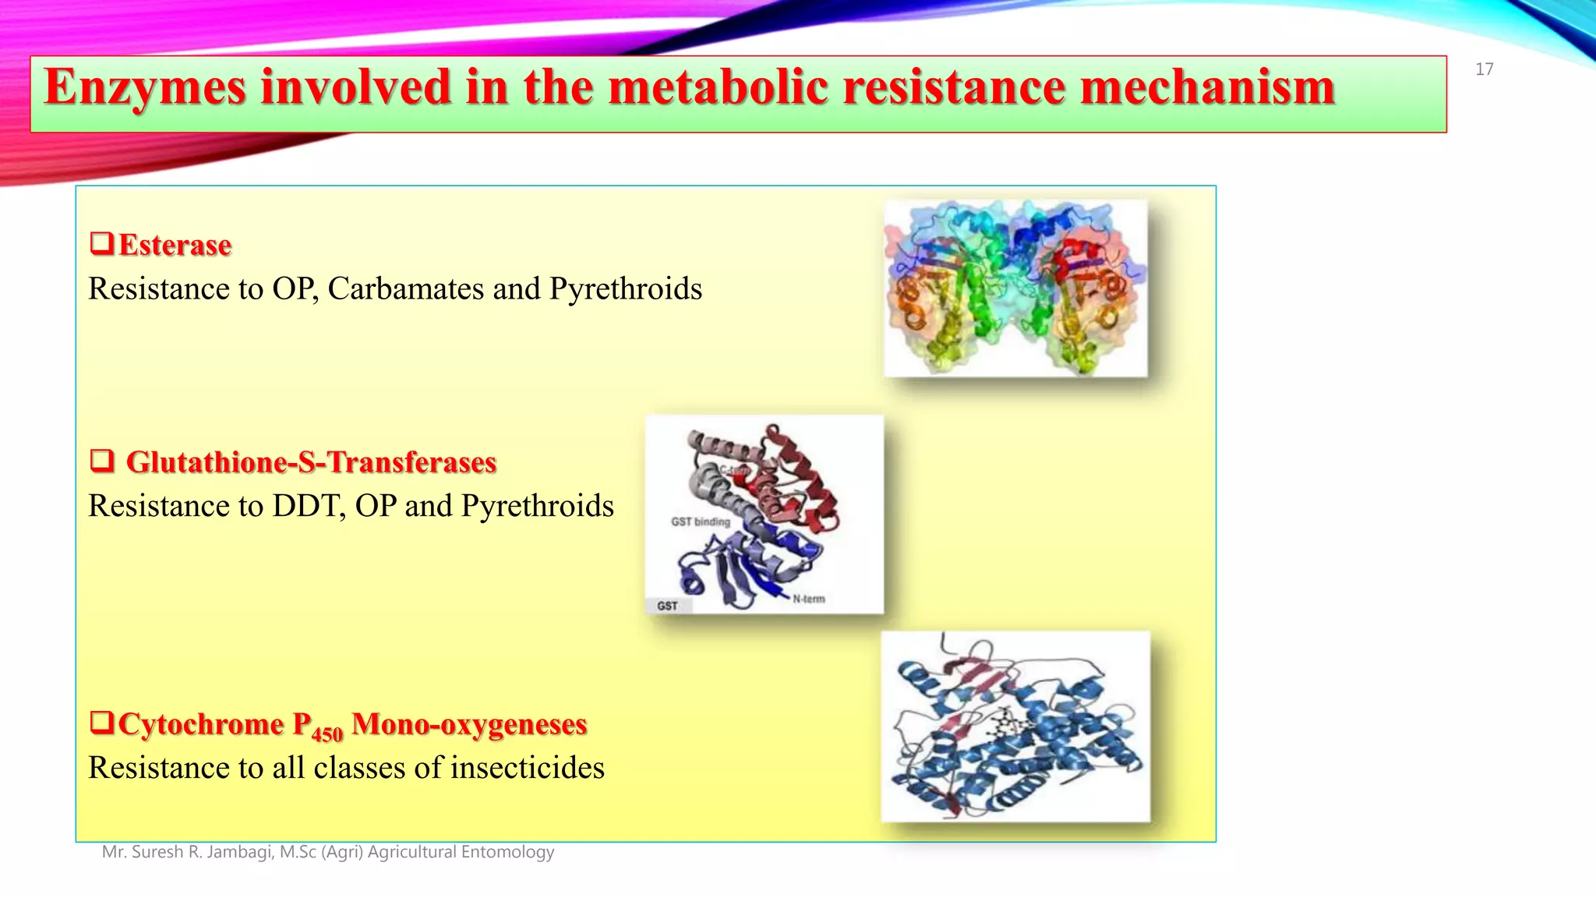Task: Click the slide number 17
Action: tap(1484, 69)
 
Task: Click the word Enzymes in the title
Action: tap(145, 87)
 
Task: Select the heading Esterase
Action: tap(175, 246)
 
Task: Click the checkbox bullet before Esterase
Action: tap(101, 244)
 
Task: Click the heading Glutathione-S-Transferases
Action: tap(311, 462)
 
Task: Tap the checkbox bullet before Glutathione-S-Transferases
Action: tap(101, 461)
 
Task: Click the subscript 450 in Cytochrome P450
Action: tap(327, 734)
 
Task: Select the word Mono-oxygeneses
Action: tap(469, 724)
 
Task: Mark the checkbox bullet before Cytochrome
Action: tap(101, 723)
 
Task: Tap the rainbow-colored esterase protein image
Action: tap(1015, 288)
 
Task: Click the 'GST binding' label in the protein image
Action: tap(700, 521)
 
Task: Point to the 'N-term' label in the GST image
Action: tap(809, 599)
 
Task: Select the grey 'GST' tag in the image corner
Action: tap(667, 606)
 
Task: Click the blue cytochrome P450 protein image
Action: tap(1015, 727)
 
